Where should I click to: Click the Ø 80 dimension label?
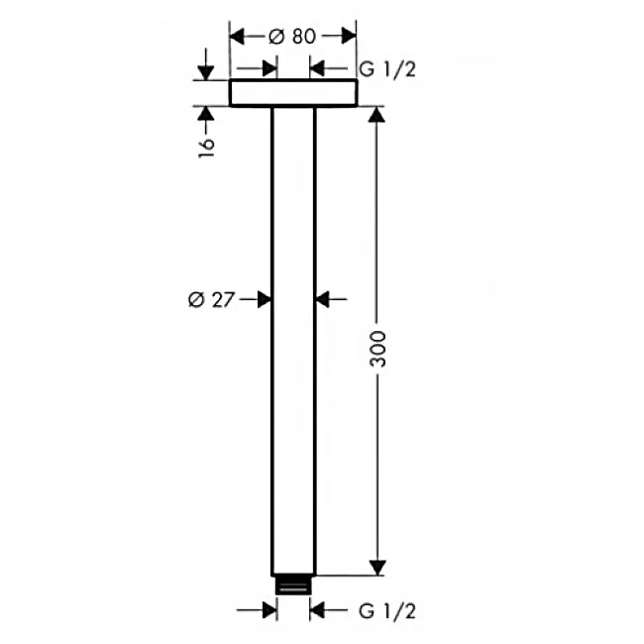click(x=292, y=36)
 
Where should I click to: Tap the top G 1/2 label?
click(x=387, y=69)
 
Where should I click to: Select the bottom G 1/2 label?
click(x=387, y=610)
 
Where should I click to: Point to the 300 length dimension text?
click(x=377, y=349)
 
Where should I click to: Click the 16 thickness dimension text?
click(x=206, y=148)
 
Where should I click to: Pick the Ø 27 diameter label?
click(x=211, y=299)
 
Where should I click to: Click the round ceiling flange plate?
click(x=293, y=93)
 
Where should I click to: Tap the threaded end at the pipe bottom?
click(x=293, y=585)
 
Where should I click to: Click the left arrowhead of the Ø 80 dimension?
click(x=238, y=36)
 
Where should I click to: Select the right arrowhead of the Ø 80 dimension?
click(x=349, y=36)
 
